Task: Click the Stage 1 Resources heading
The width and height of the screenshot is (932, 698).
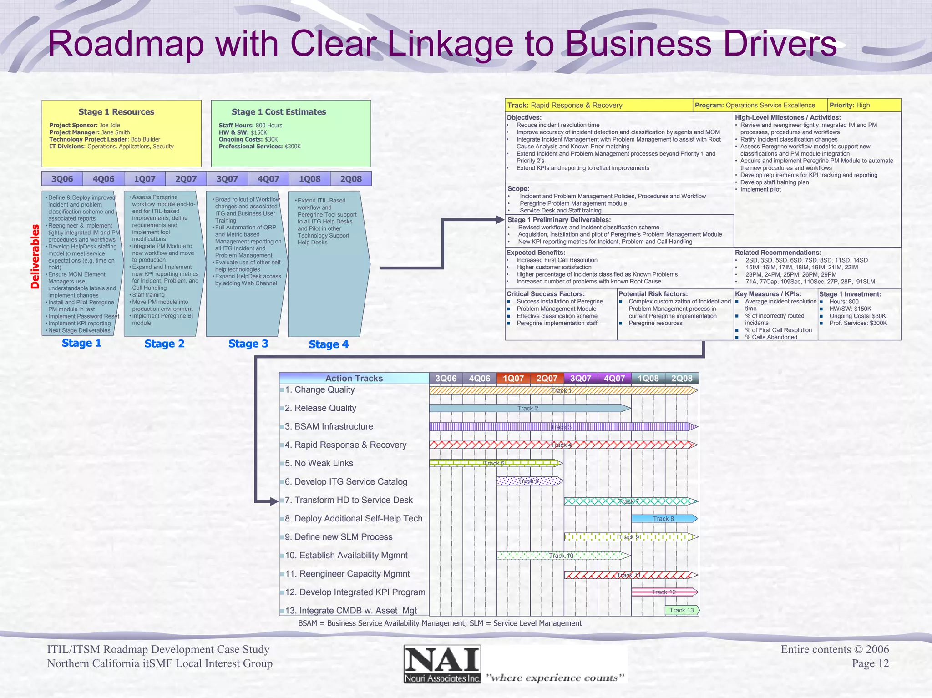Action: [116, 112]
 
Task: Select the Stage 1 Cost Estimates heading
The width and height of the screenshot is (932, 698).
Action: [279, 112]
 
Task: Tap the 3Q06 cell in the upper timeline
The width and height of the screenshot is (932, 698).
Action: [62, 179]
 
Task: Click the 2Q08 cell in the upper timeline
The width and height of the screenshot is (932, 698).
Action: [351, 179]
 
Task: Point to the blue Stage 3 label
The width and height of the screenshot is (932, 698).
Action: [248, 344]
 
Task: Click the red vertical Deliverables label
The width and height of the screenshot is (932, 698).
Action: [35, 257]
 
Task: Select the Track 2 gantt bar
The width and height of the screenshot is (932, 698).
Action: [528, 409]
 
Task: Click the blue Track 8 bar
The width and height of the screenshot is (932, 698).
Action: [663, 519]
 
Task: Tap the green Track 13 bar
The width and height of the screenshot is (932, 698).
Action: [681, 611]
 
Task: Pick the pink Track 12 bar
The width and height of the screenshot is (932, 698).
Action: [663, 592]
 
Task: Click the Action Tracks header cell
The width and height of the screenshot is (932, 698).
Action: [354, 379]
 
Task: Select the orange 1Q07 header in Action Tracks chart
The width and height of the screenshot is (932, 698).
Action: [513, 379]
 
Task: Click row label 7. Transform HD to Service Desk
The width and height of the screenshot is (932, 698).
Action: [349, 500]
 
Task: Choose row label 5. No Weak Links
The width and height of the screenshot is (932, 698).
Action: [319, 463]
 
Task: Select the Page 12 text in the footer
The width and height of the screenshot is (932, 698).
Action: [870, 663]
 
